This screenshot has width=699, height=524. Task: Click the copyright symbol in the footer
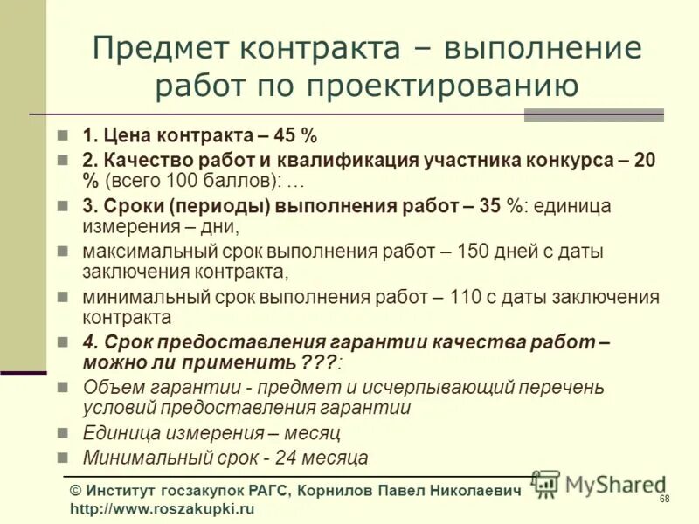point(76,492)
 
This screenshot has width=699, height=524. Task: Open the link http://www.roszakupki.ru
point(162,509)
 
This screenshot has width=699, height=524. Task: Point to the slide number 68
point(665,499)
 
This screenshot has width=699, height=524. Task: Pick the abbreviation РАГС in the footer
point(265,492)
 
